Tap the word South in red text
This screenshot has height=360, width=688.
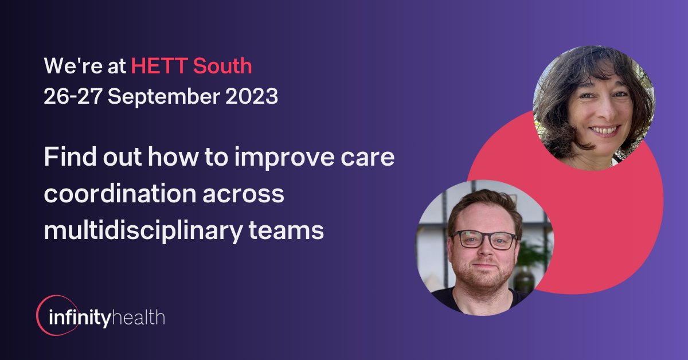(222, 66)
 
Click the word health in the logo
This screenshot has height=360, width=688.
(140, 317)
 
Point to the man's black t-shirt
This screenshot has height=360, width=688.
(459, 301)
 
